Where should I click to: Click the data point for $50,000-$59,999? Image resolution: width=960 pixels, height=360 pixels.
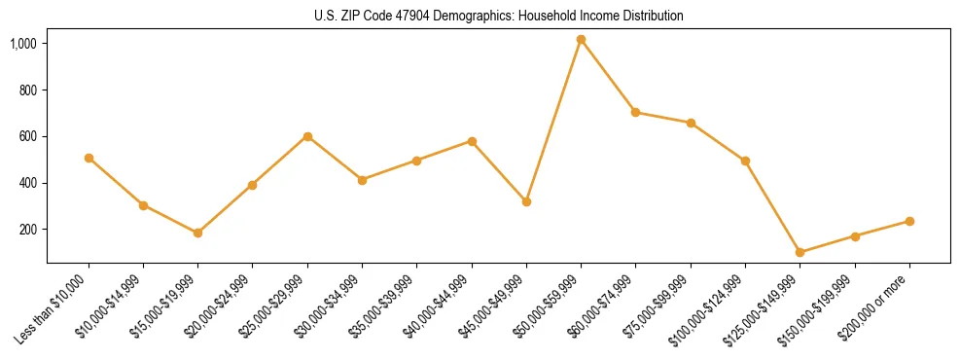click(x=581, y=40)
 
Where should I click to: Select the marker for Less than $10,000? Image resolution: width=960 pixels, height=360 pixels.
click(x=89, y=158)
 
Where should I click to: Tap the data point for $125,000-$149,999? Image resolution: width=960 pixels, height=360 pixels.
click(x=800, y=252)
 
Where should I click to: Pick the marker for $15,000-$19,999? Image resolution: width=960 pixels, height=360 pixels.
click(x=197, y=233)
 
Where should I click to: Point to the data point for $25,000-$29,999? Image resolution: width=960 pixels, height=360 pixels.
click(x=307, y=136)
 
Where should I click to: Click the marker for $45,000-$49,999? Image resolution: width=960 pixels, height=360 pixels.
click(x=526, y=201)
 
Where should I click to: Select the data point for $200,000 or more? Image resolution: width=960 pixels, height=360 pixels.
click(x=909, y=221)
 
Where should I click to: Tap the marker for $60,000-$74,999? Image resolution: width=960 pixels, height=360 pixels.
click(x=635, y=112)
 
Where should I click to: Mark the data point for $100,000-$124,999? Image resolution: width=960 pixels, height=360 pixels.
click(x=745, y=161)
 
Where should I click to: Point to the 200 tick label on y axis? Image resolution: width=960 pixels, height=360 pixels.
click(x=29, y=230)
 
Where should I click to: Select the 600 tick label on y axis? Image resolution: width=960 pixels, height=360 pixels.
click(x=29, y=136)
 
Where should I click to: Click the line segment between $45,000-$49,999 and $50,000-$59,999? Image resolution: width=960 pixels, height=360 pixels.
click(x=553, y=121)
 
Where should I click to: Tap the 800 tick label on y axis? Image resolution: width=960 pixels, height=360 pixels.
click(x=29, y=90)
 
